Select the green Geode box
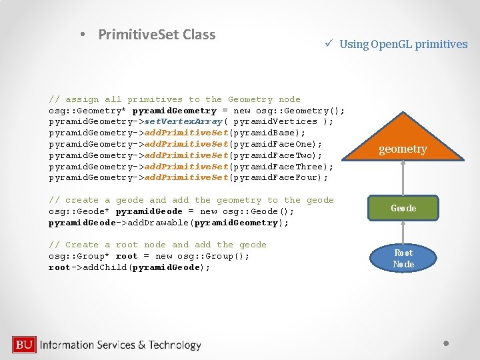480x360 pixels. [403, 208]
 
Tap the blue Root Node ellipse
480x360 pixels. [403, 259]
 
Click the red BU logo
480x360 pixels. [24, 345]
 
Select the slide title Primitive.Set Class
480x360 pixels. [157, 35]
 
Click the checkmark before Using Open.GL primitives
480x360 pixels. [329, 44]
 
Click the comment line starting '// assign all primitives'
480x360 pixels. [175, 99]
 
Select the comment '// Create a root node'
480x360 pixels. [157, 245]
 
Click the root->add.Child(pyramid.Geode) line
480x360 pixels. [129, 267]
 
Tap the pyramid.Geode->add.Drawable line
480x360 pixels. [169, 223]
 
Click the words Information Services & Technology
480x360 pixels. [121, 345]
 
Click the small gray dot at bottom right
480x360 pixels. [447, 343]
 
